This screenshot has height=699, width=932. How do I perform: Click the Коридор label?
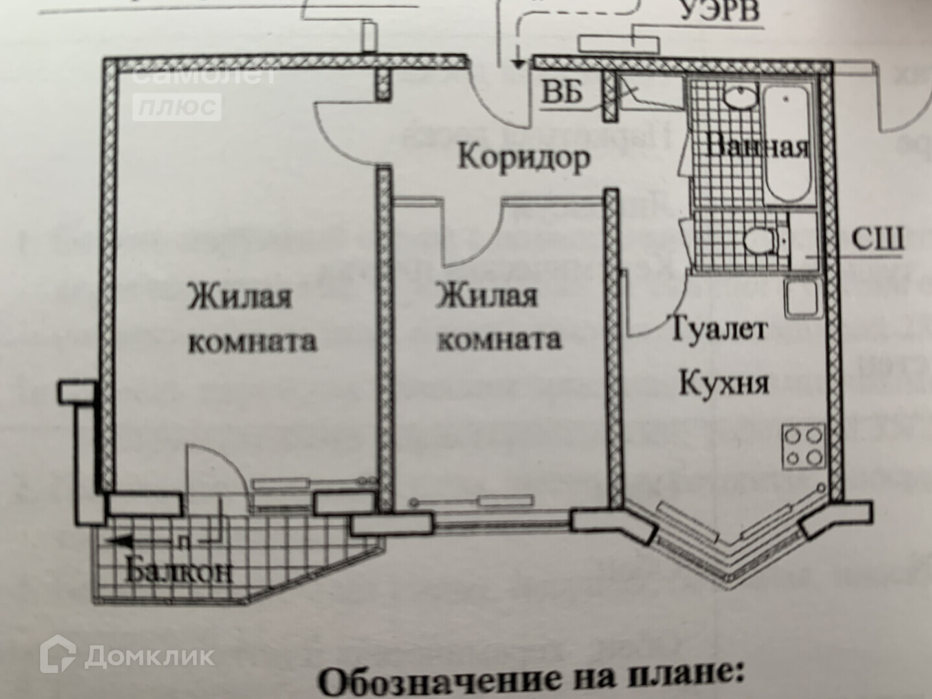pos(524,157)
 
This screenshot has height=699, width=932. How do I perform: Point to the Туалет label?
pos(718,329)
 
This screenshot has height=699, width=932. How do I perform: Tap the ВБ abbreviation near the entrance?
pos(561,93)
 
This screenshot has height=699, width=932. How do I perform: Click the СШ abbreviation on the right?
pos(876,239)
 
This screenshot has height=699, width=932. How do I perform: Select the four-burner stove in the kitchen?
pos(804,446)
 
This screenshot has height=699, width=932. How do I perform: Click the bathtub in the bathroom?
pos(786,144)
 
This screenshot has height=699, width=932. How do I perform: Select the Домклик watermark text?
pos(150,656)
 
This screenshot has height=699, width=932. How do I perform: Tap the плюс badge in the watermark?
pos(177,106)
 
